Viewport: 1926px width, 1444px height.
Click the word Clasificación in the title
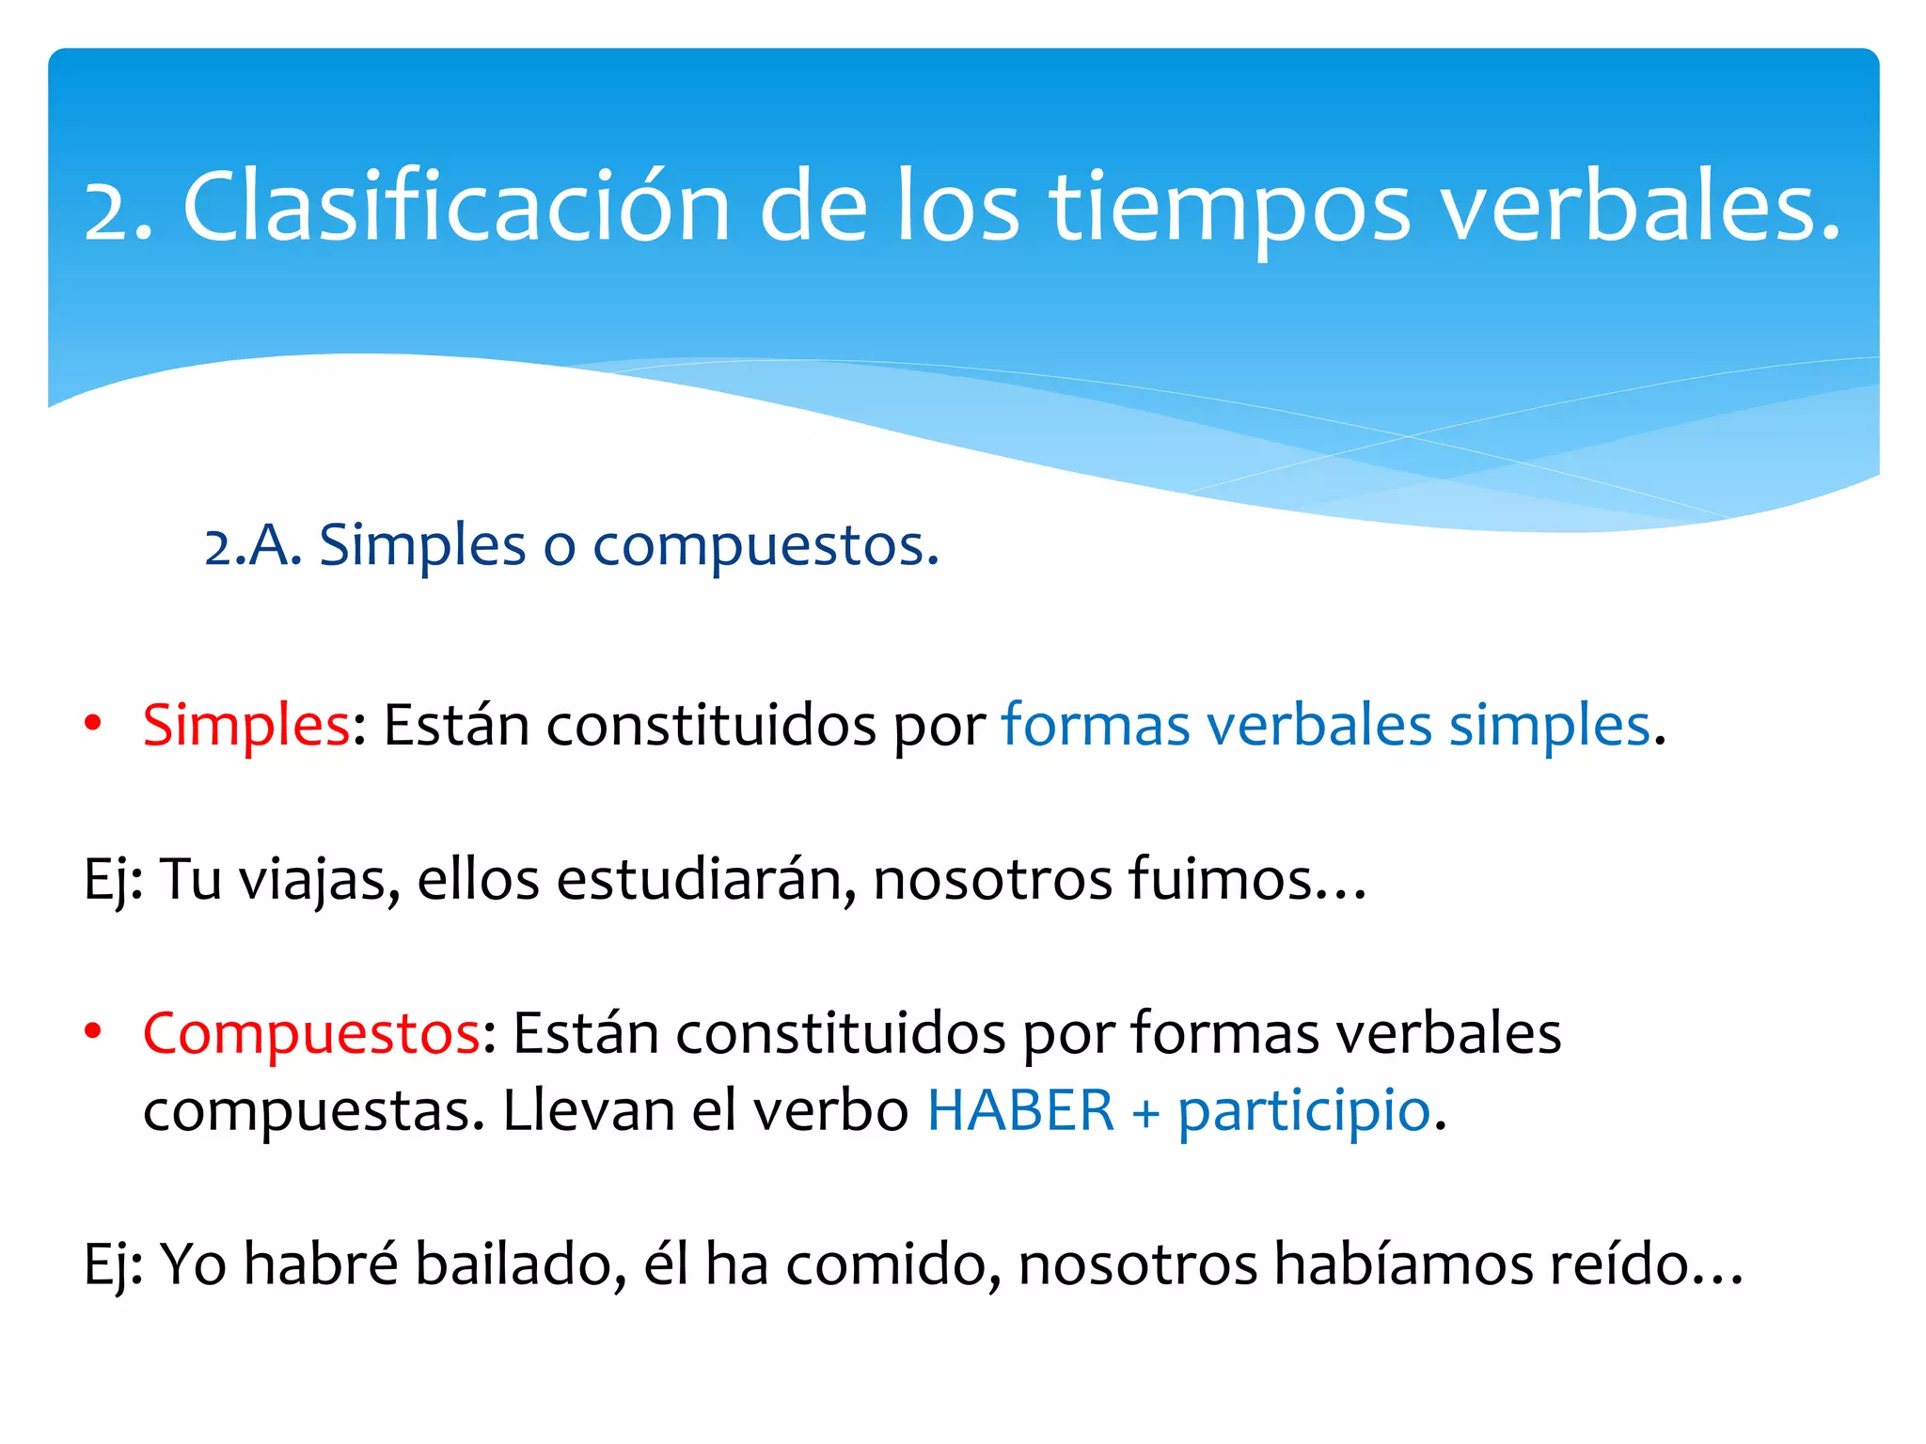click(456, 208)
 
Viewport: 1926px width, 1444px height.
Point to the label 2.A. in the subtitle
click(252, 546)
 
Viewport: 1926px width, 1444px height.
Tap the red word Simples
click(246, 726)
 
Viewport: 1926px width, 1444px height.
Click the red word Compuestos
click(311, 1034)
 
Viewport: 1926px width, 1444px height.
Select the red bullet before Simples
click(92, 724)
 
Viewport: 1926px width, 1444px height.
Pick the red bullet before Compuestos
click(92, 1032)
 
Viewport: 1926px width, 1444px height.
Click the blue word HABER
click(1020, 1111)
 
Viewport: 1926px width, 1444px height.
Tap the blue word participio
click(1304, 1111)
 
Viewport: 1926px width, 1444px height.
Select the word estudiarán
click(706, 881)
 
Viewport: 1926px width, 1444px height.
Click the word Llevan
click(589, 1111)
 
